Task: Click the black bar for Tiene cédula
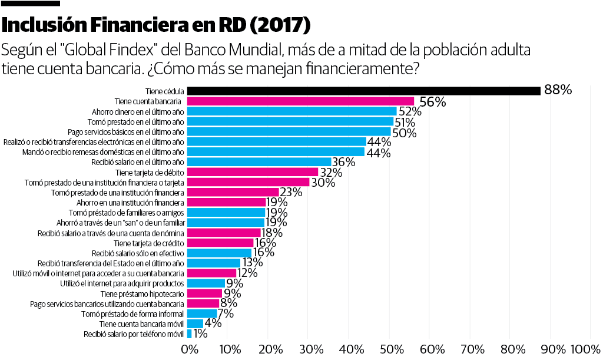[363, 91]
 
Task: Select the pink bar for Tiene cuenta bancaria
[300, 101]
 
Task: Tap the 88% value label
[558, 90]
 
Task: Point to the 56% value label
[432, 102]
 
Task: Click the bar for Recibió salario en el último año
[259, 161]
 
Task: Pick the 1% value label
[200, 334]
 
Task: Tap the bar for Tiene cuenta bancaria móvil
[195, 324]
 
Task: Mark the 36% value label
[343, 162]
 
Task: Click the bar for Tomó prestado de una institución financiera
[233, 192]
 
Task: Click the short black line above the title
[31, 4]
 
